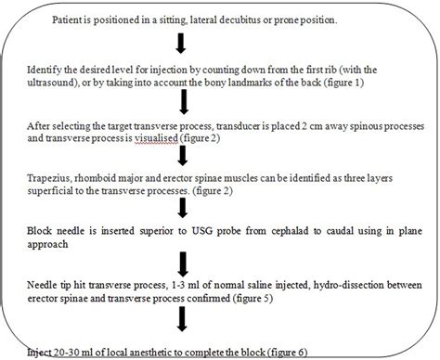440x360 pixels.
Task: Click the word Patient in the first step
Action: [76, 18]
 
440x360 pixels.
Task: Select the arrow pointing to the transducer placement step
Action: [186, 100]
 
